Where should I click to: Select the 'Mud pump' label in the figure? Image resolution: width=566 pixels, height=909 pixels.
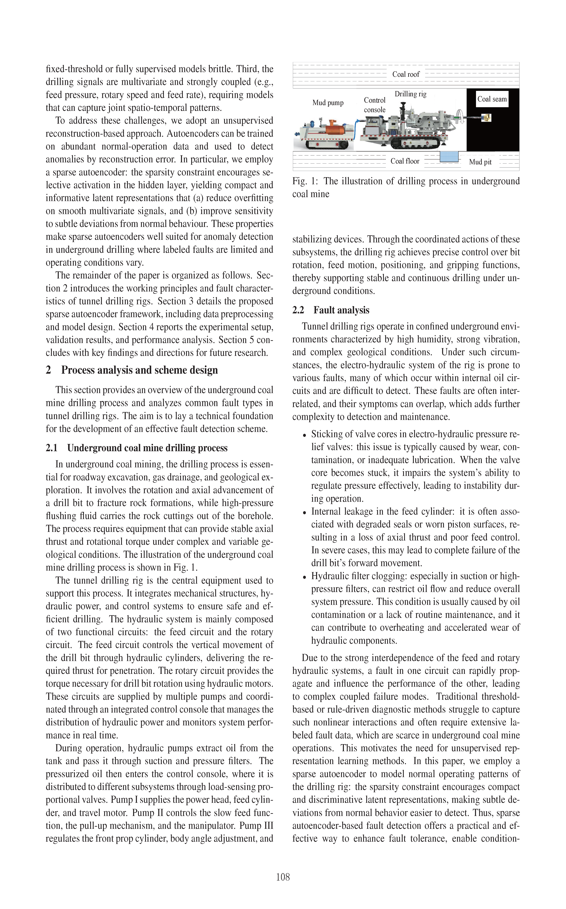(x=328, y=103)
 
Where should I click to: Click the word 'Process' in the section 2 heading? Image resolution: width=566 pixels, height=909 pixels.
(x=79, y=370)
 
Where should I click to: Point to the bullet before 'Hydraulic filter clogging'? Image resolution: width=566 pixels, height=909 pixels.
(x=304, y=577)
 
